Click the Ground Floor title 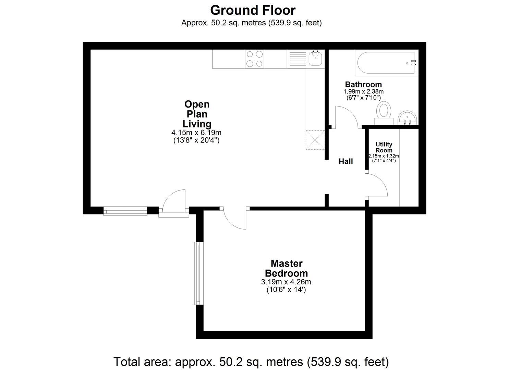253,10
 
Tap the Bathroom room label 363,85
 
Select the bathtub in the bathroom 386,63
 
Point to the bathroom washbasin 408,118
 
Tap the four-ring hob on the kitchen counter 254,59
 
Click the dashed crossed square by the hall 315,140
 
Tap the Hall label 346,161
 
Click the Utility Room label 384,147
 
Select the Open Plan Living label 197,114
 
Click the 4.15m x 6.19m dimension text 196,133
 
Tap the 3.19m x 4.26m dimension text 286,282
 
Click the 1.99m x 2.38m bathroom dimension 363,91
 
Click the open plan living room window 125,211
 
